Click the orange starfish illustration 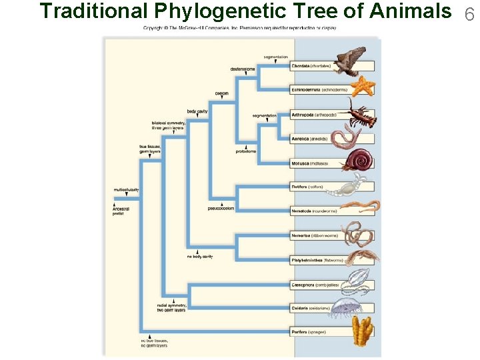click(363, 86)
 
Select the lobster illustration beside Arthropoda click(359, 113)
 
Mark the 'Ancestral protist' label click(121, 211)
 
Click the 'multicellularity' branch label click(126, 190)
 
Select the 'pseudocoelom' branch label click(221, 208)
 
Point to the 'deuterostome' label click(243, 69)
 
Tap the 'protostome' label click(245, 151)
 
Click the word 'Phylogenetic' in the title click(227, 11)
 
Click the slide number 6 click(469, 13)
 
